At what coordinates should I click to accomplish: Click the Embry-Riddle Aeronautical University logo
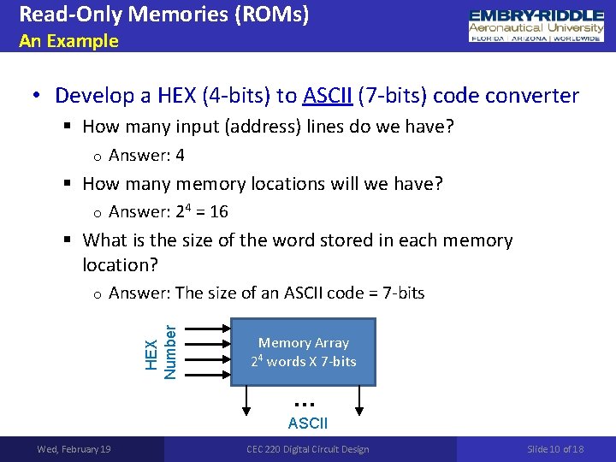[x=536, y=27]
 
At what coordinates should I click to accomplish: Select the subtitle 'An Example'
[x=68, y=41]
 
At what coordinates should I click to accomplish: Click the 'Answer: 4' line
[x=146, y=156]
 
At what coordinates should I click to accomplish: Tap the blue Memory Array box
[x=304, y=351]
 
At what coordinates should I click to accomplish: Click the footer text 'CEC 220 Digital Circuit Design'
[x=308, y=449]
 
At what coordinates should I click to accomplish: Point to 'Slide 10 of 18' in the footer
[x=555, y=449]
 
